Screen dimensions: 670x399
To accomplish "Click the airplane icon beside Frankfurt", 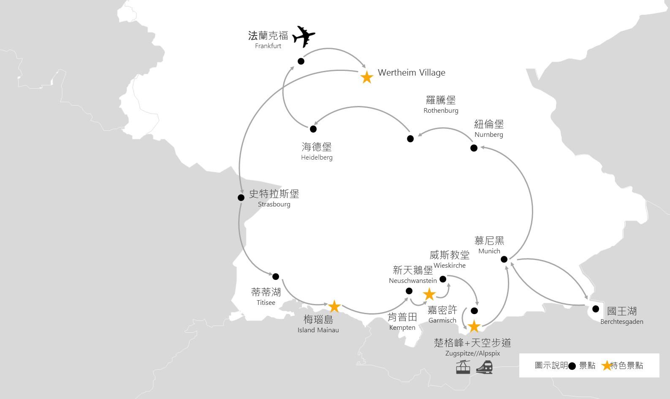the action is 303,36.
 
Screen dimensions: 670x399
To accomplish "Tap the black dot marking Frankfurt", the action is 301,61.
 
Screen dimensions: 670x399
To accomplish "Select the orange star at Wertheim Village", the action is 367,77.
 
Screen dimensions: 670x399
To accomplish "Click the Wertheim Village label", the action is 411,73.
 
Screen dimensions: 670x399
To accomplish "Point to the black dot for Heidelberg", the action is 313,129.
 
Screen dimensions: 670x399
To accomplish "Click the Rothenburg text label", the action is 441,110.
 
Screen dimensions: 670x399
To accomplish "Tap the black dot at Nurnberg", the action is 474,148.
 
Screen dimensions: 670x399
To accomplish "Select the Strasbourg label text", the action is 274,204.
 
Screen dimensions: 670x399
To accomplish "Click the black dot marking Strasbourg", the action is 241,198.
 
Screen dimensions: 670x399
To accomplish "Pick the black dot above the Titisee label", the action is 276,277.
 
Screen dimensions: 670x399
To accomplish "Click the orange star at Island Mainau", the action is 334,306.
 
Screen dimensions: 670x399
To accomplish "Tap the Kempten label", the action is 402,328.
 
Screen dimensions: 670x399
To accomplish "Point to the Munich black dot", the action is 504,259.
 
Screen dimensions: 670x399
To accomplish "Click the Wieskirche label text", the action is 450,265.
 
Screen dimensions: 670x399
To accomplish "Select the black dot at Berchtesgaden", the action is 596,309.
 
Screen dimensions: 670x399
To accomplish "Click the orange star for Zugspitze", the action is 474,326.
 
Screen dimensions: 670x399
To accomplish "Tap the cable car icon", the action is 463,367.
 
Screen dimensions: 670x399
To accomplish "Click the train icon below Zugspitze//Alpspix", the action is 484,367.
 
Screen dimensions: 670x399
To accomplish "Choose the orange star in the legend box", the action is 607,366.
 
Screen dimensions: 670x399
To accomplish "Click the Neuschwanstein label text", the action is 413,280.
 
